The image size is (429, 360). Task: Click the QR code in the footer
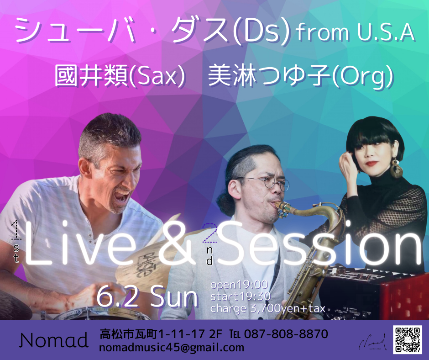click(x=408, y=339)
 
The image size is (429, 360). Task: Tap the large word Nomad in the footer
click(x=54, y=340)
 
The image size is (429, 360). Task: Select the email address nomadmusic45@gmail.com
click(x=172, y=348)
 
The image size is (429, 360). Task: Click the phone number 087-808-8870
click(x=286, y=334)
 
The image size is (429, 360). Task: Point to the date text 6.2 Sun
click(x=147, y=296)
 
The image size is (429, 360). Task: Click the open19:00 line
click(x=239, y=285)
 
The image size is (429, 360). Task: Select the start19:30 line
click(x=241, y=296)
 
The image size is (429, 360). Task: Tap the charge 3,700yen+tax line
click(x=267, y=308)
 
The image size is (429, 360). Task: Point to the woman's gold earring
click(x=396, y=168)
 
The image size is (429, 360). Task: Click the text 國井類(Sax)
click(x=120, y=76)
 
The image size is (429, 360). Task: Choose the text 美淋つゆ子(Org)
click(x=301, y=76)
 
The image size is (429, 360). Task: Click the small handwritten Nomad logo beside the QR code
click(x=373, y=342)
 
